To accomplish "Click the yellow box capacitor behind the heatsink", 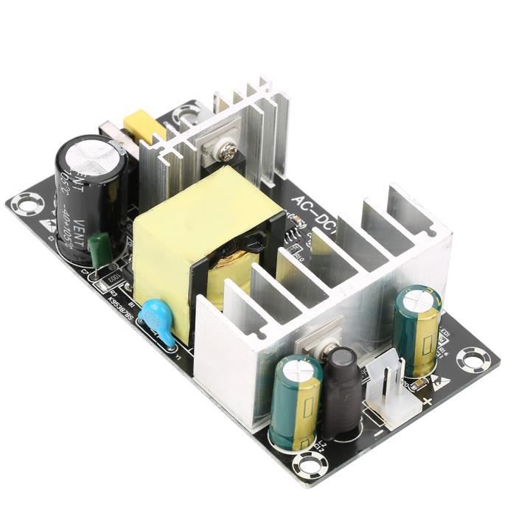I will [144, 126].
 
